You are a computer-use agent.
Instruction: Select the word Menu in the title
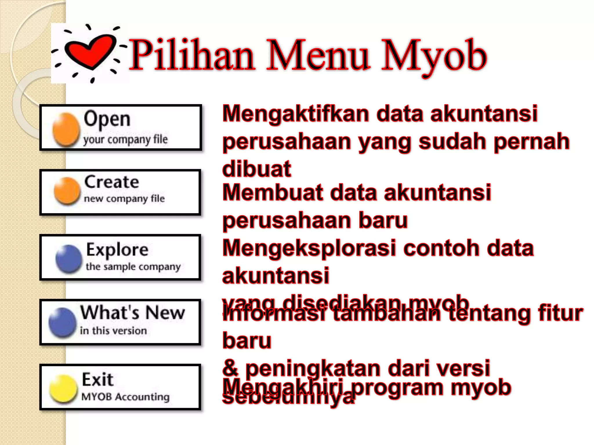(x=318, y=55)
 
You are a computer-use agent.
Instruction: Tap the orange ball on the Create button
(x=67, y=191)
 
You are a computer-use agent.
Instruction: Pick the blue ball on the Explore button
(x=69, y=258)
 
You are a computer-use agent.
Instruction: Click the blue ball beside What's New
(x=62, y=322)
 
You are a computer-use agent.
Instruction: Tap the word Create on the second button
(x=112, y=182)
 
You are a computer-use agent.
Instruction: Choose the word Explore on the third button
(x=117, y=250)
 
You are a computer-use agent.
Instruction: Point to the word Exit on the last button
(x=97, y=379)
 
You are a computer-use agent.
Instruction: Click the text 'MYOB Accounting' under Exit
(x=125, y=397)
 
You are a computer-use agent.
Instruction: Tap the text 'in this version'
(x=113, y=331)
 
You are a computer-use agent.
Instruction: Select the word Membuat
(x=273, y=192)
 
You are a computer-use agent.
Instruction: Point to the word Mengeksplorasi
(x=309, y=248)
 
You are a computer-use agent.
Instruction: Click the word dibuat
(x=257, y=169)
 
